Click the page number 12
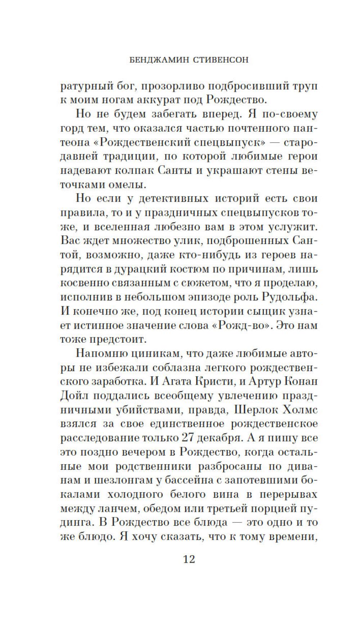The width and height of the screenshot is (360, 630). click(x=189, y=559)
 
